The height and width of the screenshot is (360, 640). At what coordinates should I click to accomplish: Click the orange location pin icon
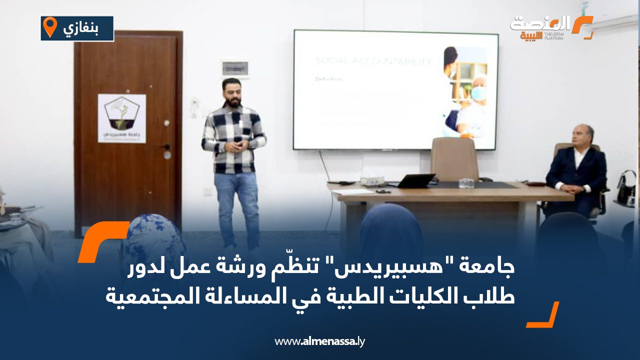(49, 27)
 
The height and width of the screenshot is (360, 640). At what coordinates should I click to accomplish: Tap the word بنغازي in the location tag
(80, 28)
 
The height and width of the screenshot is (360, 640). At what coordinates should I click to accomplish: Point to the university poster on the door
(121, 118)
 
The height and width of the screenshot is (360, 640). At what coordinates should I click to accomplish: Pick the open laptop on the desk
(415, 181)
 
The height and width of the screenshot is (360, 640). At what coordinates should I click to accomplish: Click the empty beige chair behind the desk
(454, 159)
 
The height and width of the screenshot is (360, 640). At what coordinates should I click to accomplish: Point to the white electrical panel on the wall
(235, 68)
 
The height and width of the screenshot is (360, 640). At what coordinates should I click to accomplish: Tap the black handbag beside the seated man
(626, 188)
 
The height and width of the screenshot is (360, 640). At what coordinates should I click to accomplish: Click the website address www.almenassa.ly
(320, 341)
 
